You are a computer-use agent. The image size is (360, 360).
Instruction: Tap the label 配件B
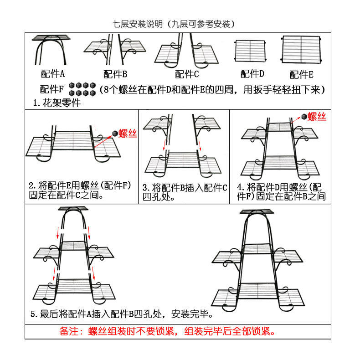tap(115, 74)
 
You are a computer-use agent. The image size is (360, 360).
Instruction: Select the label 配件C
tap(187, 74)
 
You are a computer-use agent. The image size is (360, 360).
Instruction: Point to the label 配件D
tap(252, 74)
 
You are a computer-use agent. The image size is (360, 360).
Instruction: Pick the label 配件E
tap(301, 74)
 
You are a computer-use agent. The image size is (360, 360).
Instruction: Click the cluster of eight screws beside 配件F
tap(81, 89)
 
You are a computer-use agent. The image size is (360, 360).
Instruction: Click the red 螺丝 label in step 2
tap(128, 134)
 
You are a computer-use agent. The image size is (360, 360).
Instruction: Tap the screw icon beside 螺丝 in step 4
tap(304, 117)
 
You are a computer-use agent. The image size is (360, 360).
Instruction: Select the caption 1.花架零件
tap(57, 103)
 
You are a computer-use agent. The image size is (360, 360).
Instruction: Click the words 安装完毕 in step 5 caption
tap(193, 314)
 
